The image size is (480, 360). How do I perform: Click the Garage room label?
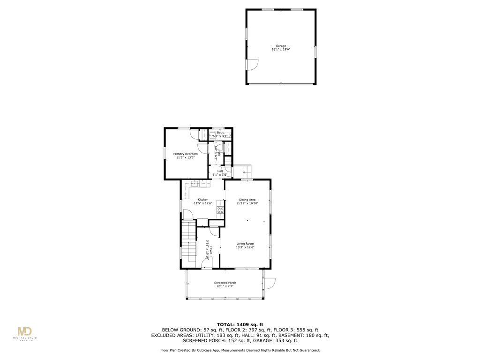click(x=281, y=46)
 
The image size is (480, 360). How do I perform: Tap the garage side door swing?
click(x=252, y=65)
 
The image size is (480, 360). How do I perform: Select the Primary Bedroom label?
click(x=185, y=154)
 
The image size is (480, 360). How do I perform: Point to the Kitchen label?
click(x=203, y=200)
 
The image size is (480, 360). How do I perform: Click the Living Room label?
click(x=245, y=244)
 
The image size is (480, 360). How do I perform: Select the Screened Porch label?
click(x=225, y=283)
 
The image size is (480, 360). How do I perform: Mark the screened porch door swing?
click(x=270, y=284)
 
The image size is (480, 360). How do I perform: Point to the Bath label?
click(x=220, y=132)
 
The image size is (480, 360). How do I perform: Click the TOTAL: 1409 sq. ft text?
click(x=240, y=324)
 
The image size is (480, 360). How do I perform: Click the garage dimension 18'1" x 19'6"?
click(x=281, y=49)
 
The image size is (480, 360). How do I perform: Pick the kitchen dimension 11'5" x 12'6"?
click(x=203, y=203)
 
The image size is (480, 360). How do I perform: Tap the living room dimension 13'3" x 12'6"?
click(x=245, y=247)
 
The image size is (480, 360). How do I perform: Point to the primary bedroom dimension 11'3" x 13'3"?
click(x=185, y=157)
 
